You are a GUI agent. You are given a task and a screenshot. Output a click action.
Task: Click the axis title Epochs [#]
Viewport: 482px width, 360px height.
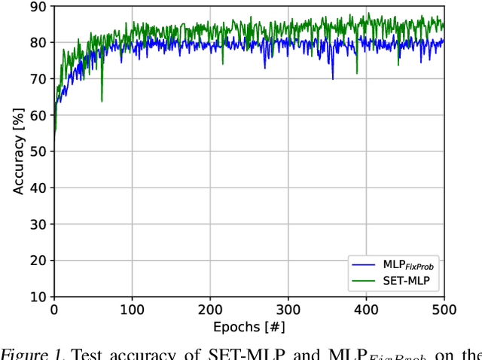(249, 326)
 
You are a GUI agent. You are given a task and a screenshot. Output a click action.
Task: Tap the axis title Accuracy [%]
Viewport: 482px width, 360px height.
(18, 151)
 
